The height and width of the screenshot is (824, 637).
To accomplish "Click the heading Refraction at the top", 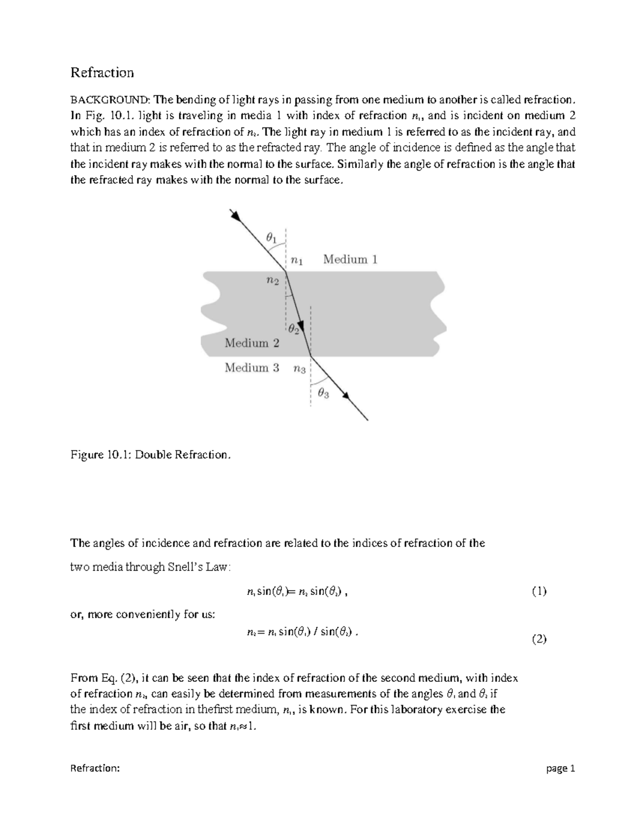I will click(102, 73).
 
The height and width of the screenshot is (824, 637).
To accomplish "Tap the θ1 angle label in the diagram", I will click(271, 238).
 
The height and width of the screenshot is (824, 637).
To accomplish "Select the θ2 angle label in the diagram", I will click(294, 329).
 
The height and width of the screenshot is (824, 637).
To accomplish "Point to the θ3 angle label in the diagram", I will click(323, 393).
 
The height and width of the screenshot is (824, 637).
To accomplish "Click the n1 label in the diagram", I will click(297, 260).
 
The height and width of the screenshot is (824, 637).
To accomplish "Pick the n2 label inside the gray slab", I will click(272, 281).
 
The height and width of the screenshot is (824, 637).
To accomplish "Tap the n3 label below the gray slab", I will click(299, 369).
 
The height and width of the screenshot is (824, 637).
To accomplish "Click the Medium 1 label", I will click(350, 259).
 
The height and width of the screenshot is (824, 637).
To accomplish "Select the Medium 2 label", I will click(252, 343).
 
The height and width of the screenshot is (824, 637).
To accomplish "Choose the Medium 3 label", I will click(252, 368).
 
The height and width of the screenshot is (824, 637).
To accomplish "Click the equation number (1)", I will click(539, 592).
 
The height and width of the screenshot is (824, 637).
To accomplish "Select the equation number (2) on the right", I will click(539, 639).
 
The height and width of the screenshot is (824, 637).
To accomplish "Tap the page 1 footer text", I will click(561, 769).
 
